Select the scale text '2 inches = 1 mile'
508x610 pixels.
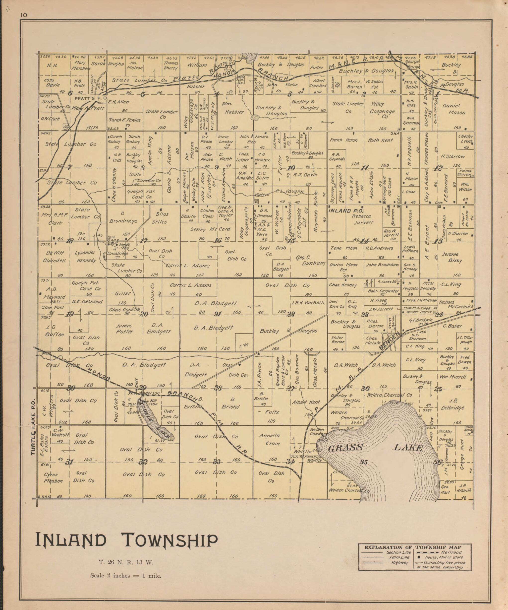(126, 575)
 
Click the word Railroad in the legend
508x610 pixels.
(452, 552)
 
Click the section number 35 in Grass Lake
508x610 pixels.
(363, 462)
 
